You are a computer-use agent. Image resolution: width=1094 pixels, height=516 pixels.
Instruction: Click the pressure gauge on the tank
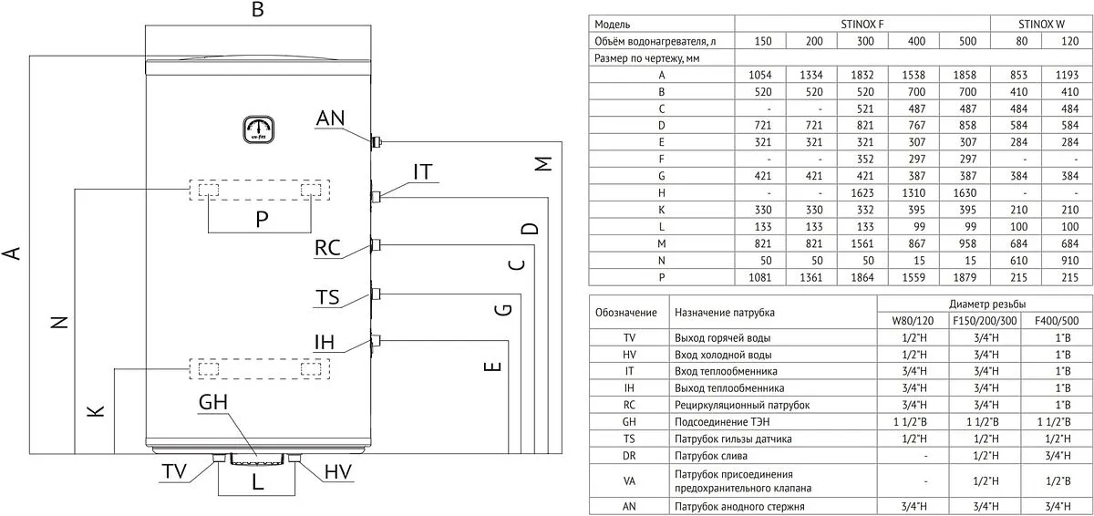click(258, 129)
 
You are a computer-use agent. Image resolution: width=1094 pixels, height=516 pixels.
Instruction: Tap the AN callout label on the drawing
click(331, 118)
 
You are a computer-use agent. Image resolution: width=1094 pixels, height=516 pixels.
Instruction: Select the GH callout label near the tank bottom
click(213, 402)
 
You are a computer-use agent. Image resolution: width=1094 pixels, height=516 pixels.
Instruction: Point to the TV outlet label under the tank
click(174, 471)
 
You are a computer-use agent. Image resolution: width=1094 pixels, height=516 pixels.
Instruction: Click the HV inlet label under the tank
click(338, 471)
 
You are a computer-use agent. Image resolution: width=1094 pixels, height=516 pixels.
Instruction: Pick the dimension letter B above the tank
click(258, 9)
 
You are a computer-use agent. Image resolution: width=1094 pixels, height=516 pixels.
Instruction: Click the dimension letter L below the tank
click(257, 482)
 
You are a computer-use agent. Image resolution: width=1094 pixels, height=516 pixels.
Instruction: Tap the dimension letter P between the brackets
click(262, 219)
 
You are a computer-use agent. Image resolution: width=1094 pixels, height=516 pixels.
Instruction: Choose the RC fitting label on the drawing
click(327, 247)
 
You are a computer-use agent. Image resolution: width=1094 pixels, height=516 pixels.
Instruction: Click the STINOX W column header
click(1041, 24)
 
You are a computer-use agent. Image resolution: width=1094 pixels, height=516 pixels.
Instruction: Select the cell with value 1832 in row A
click(862, 75)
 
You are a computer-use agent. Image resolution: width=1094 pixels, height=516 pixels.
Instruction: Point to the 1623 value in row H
click(862, 193)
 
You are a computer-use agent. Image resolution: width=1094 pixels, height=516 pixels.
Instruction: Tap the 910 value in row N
click(1069, 261)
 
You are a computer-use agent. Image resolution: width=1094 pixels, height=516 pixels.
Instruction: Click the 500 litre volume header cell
click(967, 41)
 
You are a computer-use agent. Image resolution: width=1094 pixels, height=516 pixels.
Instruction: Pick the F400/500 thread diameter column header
click(1057, 321)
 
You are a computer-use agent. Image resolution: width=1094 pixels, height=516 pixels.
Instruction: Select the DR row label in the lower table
click(629, 456)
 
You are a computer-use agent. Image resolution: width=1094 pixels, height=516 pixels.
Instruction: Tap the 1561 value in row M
click(862, 243)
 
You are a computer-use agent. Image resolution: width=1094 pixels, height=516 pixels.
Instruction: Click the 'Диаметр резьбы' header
click(987, 304)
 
